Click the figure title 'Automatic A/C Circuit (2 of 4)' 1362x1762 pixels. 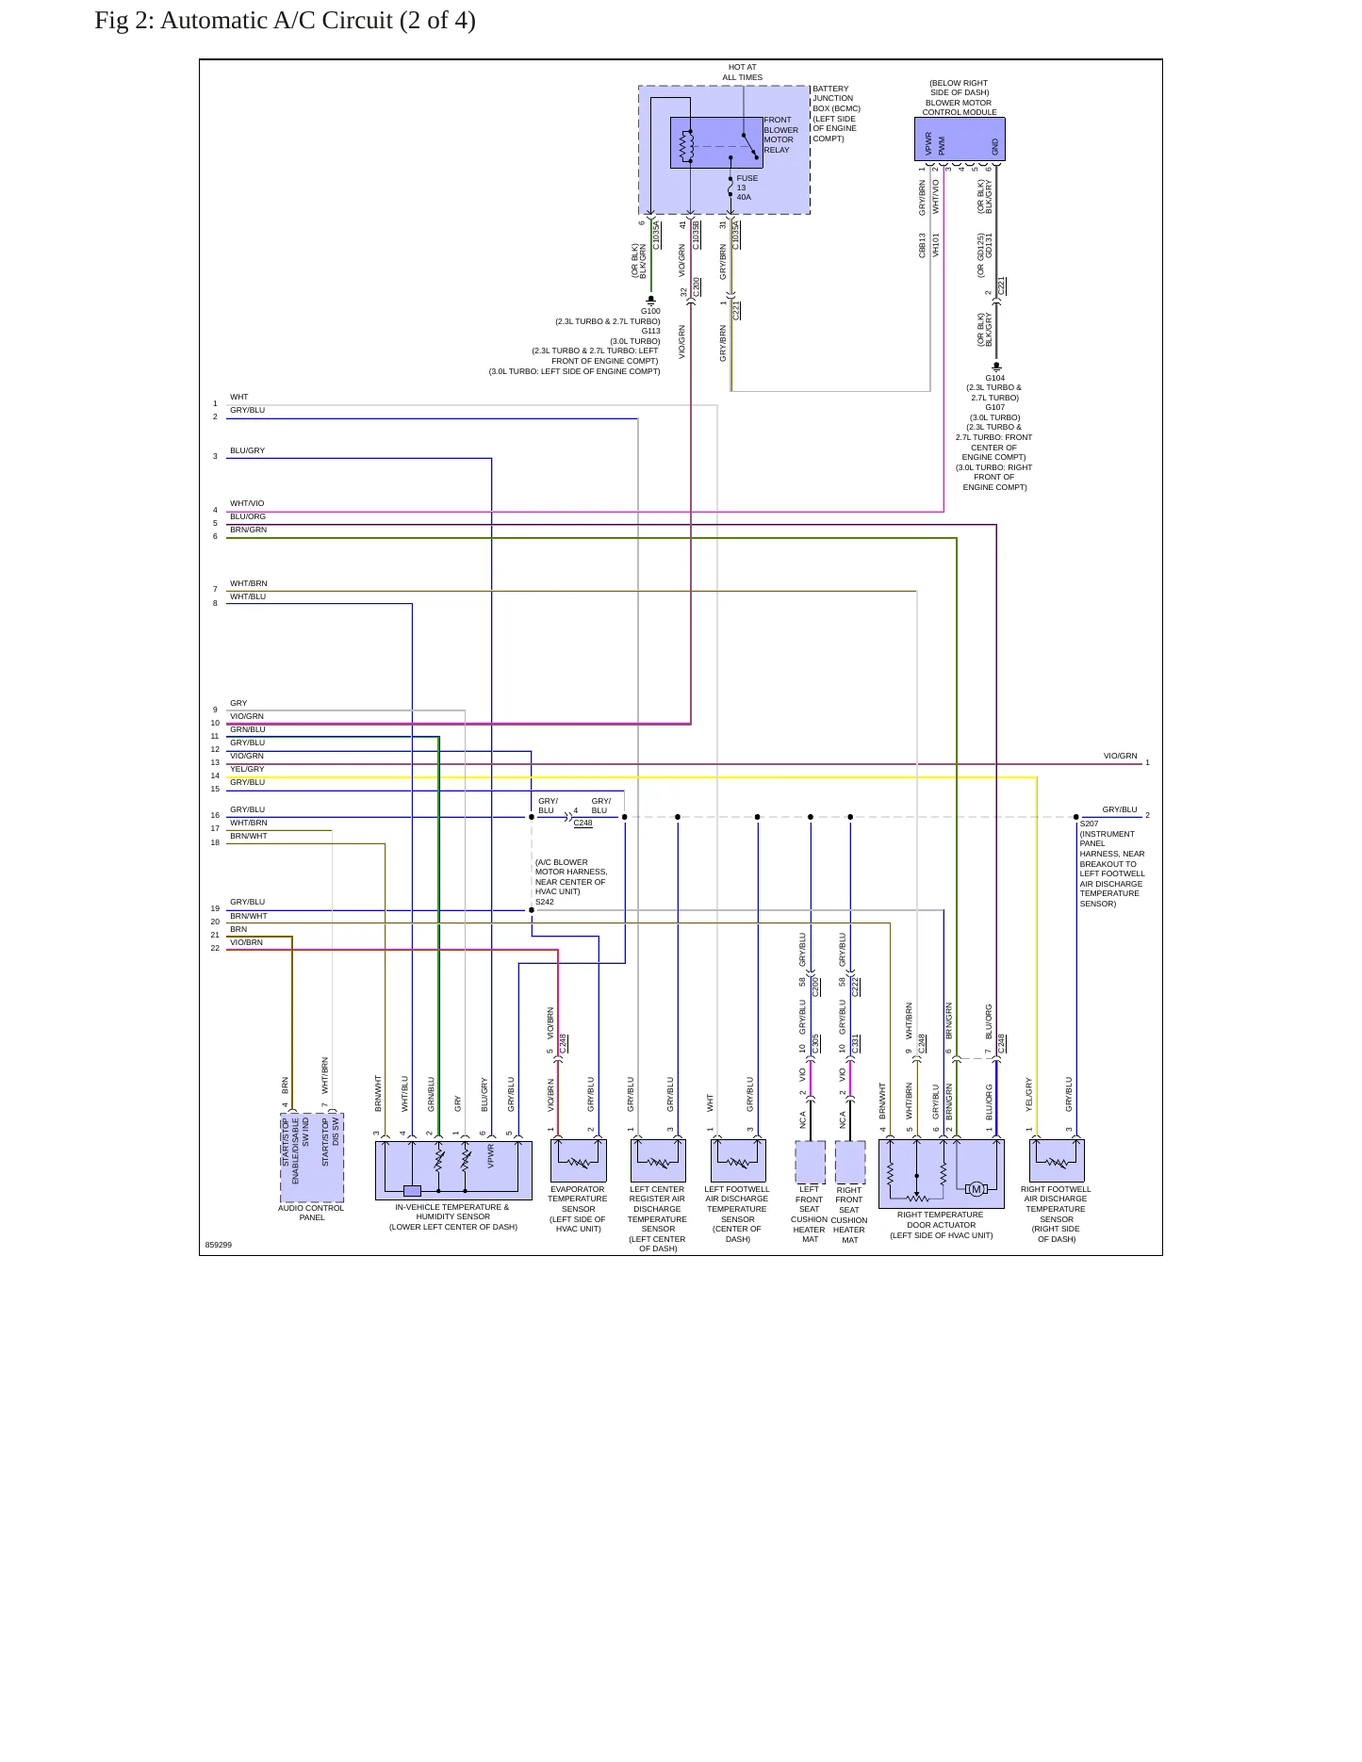318,21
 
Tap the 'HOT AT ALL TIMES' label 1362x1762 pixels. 743,73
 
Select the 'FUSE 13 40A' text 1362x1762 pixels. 747,188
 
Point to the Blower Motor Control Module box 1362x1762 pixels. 960,139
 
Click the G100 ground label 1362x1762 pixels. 650,311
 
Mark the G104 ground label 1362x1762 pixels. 994,378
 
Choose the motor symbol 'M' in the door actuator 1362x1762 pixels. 976,1189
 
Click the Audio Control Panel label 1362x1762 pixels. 311,1213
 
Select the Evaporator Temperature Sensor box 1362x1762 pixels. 578,1161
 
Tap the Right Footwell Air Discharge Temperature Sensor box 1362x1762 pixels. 1057,1161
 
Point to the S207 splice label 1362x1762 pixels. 1089,824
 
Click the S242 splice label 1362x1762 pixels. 545,902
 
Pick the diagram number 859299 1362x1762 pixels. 219,1245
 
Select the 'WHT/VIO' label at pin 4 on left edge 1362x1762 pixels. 247,503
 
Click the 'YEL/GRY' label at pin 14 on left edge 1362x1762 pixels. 247,769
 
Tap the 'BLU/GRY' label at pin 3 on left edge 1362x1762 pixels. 247,450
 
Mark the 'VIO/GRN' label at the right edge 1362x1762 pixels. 1121,756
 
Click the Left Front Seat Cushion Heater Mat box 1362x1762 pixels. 810,1162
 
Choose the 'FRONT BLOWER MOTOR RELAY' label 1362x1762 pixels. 780,135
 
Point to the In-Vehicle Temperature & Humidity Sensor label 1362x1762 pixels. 453,1216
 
